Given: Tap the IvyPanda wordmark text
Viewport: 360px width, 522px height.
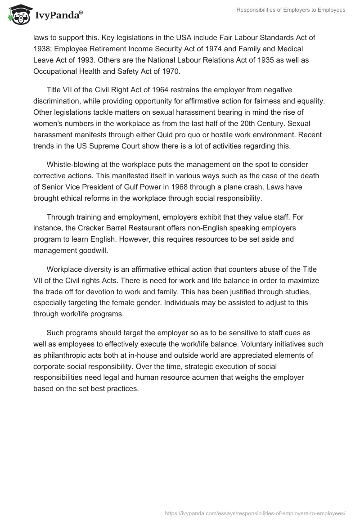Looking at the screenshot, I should point(58,16).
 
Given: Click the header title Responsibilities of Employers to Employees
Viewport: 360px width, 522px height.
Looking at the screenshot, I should point(291,10).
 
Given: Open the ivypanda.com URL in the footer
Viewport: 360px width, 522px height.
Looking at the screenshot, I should point(255,513).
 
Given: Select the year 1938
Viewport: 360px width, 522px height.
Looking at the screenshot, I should point(42,49).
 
